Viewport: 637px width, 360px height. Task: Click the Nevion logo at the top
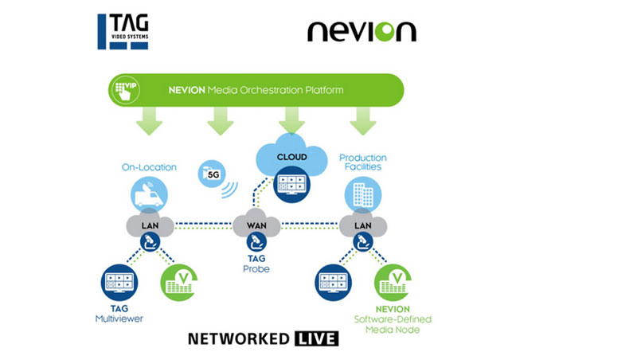click(361, 31)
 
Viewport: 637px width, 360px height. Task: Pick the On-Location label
click(149, 167)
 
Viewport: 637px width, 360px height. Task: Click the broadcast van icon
click(149, 194)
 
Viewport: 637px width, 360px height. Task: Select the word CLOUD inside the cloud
click(291, 157)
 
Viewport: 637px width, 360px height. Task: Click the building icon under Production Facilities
click(359, 194)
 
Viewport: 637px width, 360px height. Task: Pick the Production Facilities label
click(362, 162)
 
